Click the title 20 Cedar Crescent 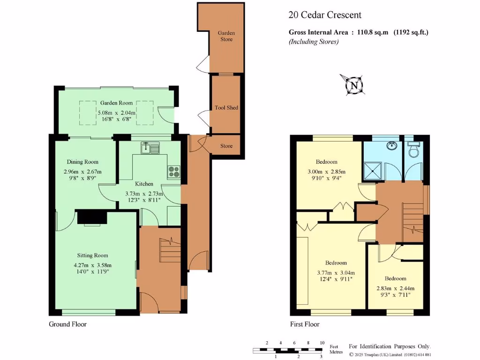coord(325,15)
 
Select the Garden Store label coord(226,36)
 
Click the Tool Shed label coord(226,108)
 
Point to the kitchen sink coord(151,148)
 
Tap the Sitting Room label coord(92,255)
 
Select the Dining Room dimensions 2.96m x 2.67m coord(82,172)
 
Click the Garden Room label coord(116,103)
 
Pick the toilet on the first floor coord(414,150)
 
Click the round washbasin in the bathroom coord(392,145)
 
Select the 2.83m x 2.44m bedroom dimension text coord(396,288)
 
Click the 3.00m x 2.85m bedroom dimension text coord(325,172)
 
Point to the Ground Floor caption coord(68,324)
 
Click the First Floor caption coord(305,324)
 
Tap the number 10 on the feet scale coord(322,343)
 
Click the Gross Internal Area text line coord(358,32)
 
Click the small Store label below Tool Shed coord(226,146)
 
